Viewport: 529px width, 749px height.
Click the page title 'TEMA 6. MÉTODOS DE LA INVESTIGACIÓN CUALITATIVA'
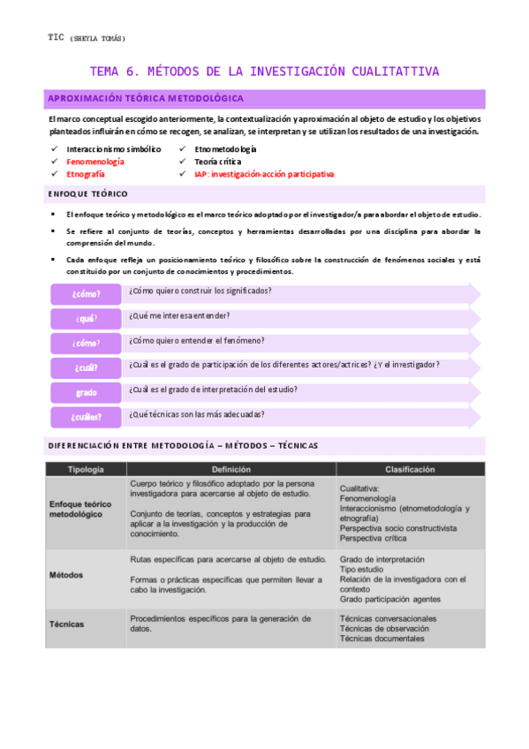[265, 72]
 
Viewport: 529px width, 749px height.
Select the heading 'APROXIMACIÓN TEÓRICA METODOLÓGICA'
[146, 99]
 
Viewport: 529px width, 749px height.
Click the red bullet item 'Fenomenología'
[95, 162]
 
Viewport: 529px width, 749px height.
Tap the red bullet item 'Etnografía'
[86, 175]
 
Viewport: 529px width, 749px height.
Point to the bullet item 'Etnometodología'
[225, 149]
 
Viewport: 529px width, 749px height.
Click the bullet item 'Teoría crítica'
[217, 162]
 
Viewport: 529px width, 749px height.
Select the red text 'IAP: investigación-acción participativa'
[264, 175]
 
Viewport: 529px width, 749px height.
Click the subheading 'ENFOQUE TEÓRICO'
[87, 193]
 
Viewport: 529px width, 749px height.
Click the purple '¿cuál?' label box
[86, 367]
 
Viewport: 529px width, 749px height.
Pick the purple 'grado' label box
[86, 392]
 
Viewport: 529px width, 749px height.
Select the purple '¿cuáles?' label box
[86, 417]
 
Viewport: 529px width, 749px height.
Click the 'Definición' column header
[230, 470]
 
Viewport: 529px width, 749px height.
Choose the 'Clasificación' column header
[410, 470]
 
